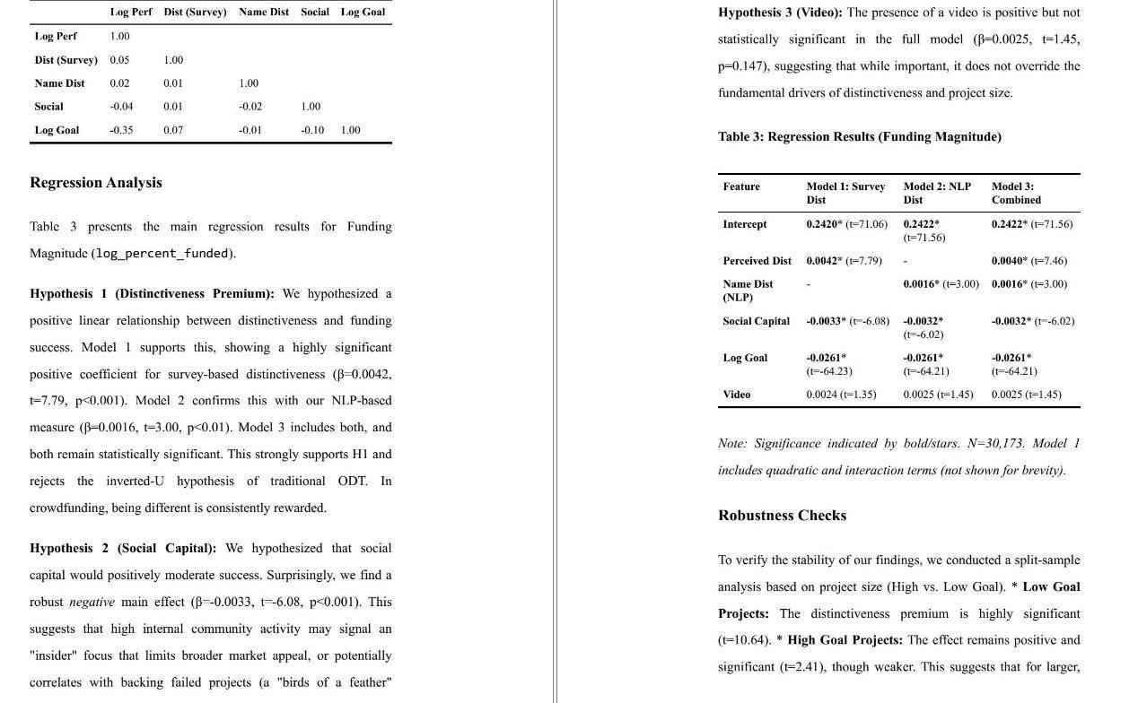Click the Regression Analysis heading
coord(96,183)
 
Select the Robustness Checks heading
coord(782,516)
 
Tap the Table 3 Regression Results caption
coord(859,137)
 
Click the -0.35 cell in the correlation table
coord(121,130)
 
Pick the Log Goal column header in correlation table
coord(363,13)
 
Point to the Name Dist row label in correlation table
coord(59,83)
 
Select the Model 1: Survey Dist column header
coord(845,193)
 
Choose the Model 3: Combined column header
coord(1016,193)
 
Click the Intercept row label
coord(745,224)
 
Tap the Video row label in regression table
coord(737,395)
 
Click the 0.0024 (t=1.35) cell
coord(841,395)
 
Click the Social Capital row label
coord(757,321)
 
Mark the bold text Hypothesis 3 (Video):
coord(780,13)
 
